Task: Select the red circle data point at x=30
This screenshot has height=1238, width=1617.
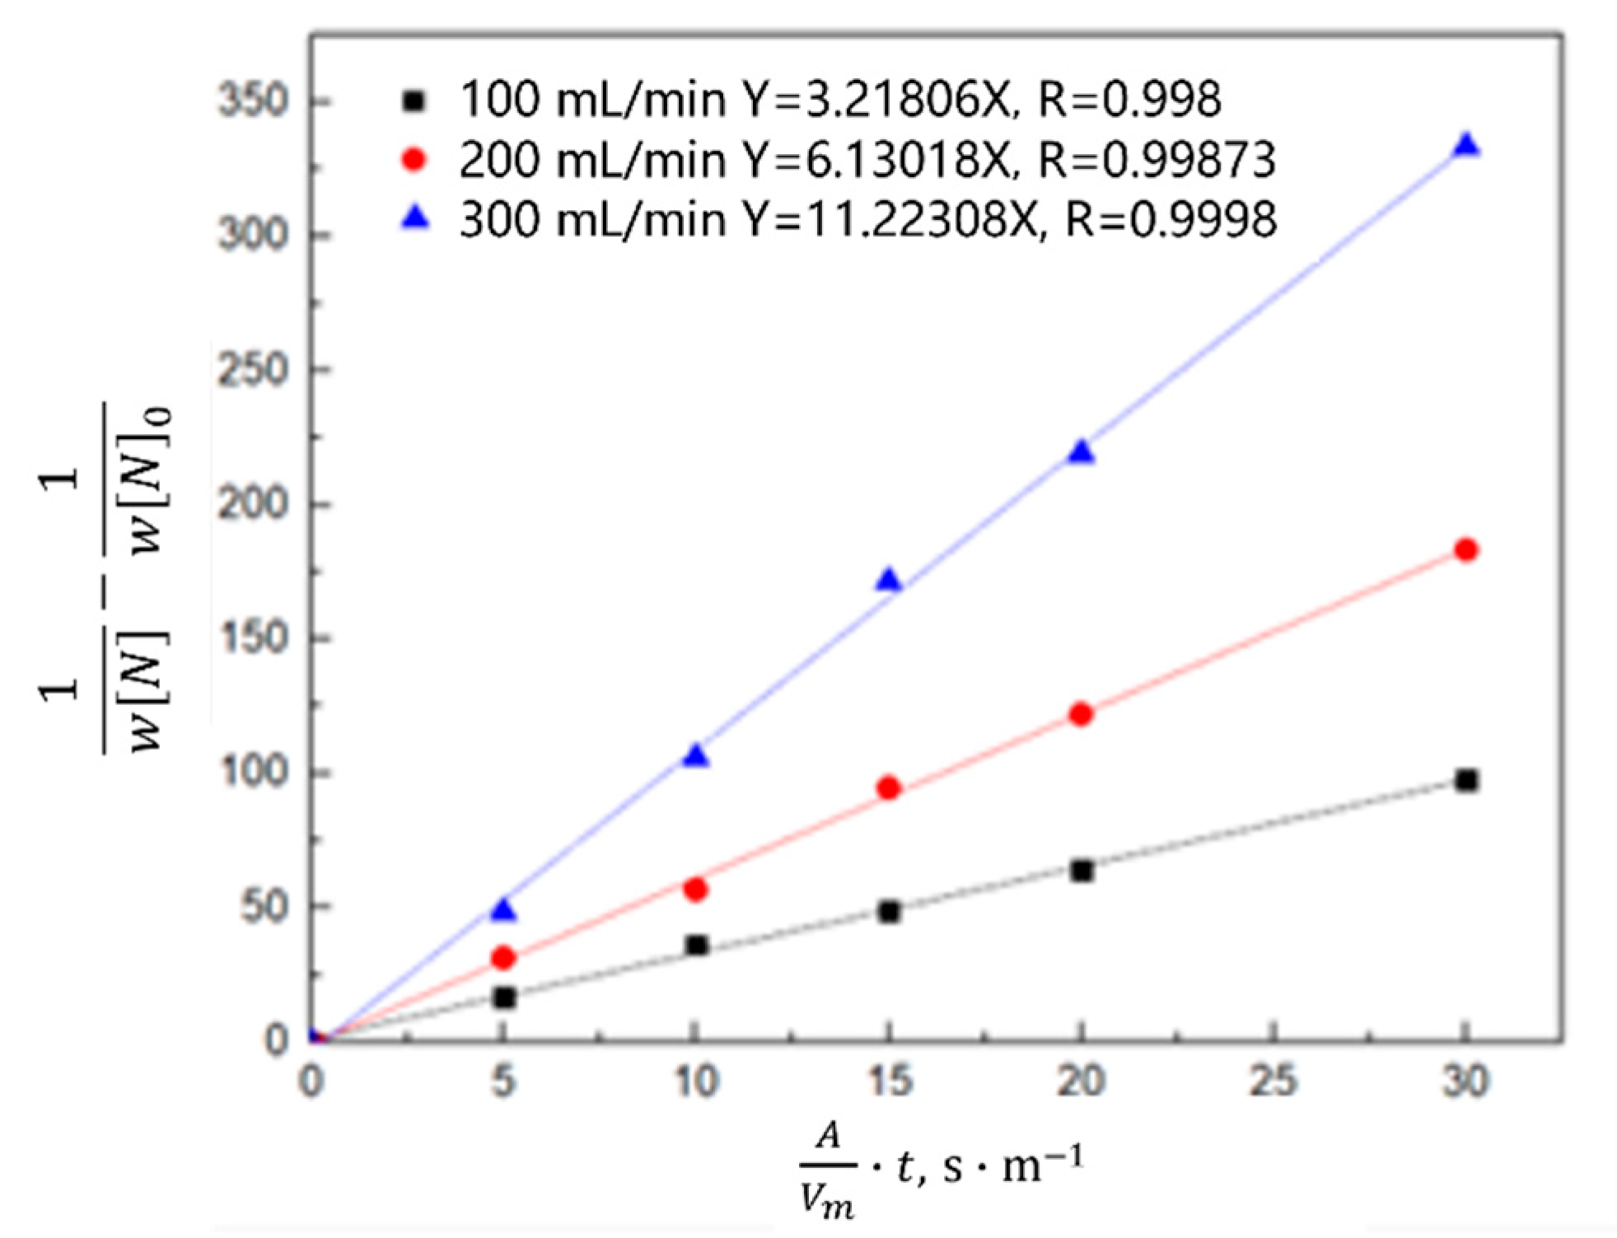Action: tap(1466, 549)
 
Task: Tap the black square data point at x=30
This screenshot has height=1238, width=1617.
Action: tap(1466, 780)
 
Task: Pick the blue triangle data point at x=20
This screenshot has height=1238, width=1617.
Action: tap(1081, 452)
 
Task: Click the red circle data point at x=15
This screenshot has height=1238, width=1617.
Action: tap(888, 788)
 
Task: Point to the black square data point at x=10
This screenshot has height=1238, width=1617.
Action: tap(697, 945)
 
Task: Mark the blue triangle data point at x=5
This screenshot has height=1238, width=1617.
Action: tap(503, 910)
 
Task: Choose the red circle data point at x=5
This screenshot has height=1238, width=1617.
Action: tap(503, 958)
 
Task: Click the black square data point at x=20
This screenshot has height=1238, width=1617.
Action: tap(1082, 871)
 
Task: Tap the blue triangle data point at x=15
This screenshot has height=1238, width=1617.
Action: tap(888, 581)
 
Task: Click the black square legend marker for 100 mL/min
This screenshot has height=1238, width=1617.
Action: tap(416, 100)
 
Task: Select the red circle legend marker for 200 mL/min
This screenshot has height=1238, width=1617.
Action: tap(415, 159)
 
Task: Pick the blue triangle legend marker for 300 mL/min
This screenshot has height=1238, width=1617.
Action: tap(416, 218)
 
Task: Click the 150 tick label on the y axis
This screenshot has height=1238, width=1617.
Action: tap(254, 638)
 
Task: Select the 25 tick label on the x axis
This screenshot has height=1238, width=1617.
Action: tap(1274, 1081)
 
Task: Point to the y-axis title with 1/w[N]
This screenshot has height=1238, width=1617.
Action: tap(107, 577)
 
